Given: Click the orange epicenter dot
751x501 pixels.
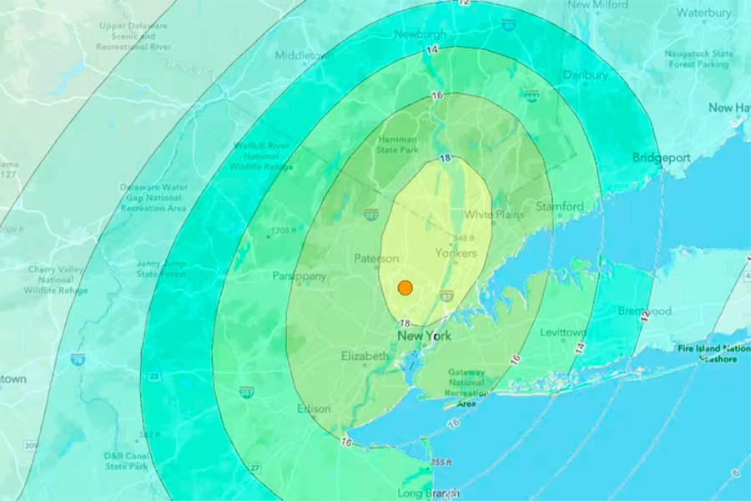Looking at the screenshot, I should [405, 288].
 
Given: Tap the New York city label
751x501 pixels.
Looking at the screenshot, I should [424, 337].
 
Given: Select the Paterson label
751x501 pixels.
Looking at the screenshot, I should [376, 259].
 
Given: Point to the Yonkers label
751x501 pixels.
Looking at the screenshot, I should [456, 253].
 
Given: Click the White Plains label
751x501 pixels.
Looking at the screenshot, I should [494, 215].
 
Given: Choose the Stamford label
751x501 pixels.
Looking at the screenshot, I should [560, 206].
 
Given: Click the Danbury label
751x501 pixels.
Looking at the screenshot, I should [585, 75].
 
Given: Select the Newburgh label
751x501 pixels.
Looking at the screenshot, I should [421, 34].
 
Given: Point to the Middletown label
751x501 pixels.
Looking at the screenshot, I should [305, 56].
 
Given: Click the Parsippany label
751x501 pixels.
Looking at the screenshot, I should [299, 276].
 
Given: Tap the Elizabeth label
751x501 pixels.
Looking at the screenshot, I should [365, 357].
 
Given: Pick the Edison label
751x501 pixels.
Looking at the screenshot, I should [314, 409].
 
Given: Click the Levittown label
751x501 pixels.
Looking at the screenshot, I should [563, 333].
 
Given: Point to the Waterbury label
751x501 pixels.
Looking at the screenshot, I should [703, 13].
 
